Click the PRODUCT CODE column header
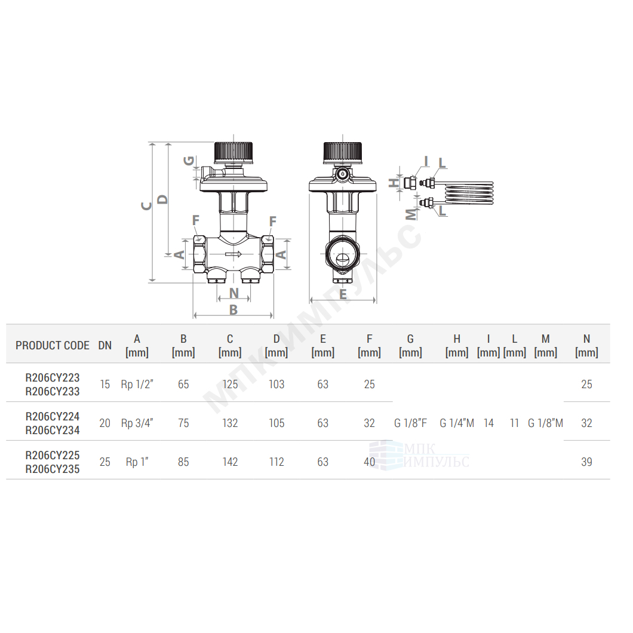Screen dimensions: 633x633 (x=53, y=346)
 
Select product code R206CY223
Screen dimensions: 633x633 (x=53, y=377)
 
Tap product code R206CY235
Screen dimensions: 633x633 (x=53, y=469)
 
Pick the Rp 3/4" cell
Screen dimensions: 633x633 (x=137, y=423)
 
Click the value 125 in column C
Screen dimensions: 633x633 (x=230, y=385)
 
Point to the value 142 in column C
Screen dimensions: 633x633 (x=230, y=462)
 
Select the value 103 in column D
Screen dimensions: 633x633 (x=276, y=385)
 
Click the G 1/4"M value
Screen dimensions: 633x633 (x=457, y=423)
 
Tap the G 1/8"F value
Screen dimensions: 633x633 (x=411, y=423)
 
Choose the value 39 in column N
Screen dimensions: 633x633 (x=586, y=462)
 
